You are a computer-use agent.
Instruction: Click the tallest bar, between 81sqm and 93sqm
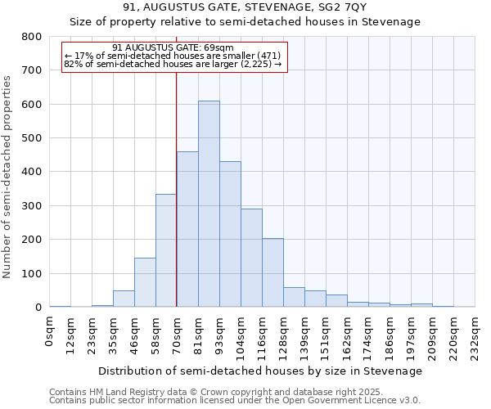tap(209, 204)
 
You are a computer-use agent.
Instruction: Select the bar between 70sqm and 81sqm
tap(187, 230)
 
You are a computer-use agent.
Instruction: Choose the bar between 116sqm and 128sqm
tap(273, 273)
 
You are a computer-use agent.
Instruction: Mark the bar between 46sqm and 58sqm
tap(145, 283)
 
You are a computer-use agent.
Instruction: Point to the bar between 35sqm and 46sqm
tap(124, 299)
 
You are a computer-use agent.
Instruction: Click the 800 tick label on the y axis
tap(32, 37)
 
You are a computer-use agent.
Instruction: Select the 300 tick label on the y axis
tap(32, 206)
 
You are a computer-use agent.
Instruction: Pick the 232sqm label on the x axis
tap(475, 335)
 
